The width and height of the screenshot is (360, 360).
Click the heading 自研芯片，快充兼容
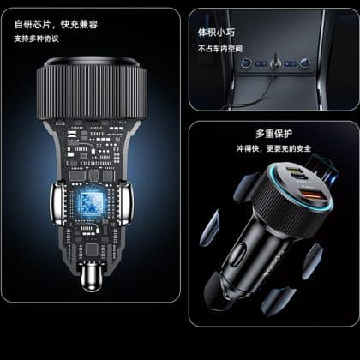56,24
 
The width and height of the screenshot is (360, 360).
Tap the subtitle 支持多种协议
37,39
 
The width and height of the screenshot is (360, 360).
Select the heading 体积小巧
217,33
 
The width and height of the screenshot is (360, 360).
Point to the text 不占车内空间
220,49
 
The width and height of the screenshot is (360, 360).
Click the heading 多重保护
273,134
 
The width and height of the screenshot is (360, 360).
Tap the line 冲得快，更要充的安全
273,148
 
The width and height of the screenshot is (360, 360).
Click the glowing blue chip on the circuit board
91,203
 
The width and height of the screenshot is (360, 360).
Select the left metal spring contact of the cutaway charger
58,203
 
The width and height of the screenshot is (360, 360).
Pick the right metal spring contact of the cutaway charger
124,203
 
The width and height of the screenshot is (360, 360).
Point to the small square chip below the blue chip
92,249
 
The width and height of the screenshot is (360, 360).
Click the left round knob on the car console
246,63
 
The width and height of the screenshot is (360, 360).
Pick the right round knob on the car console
305,63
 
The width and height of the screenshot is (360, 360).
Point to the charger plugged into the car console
275,61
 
